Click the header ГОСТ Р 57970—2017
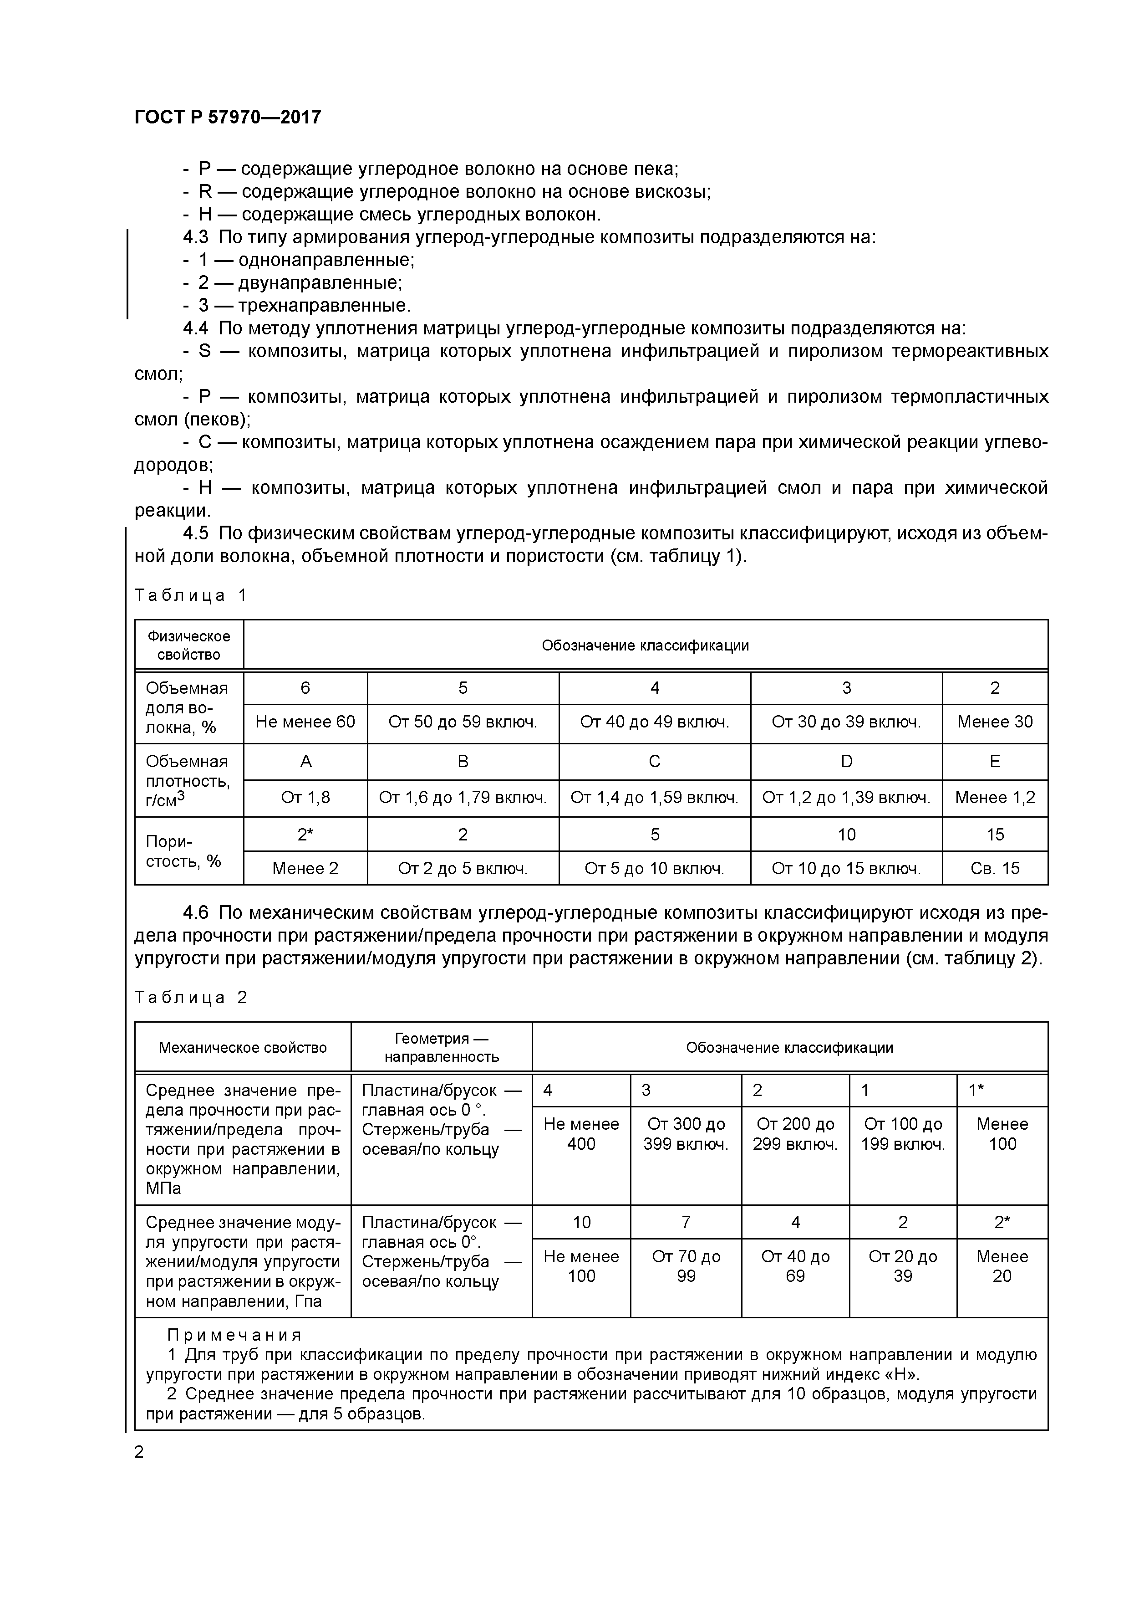pyautogui.click(x=228, y=117)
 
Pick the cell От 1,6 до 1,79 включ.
pyautogui.click(x=463, y=798)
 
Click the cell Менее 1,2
pyautogui.click(x=995, y=798)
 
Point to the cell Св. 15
pyautogui.click(x=995, y=869)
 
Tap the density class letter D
pyautogui.click(x=846, y=761)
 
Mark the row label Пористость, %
pyautogui.click(x=183, y=851)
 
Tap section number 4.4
pyautogui.click(x=195, y=328)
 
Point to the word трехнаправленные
pyautogui.click(x=324, y=306)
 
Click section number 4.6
pyautogui.click(x=195, y=912)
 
